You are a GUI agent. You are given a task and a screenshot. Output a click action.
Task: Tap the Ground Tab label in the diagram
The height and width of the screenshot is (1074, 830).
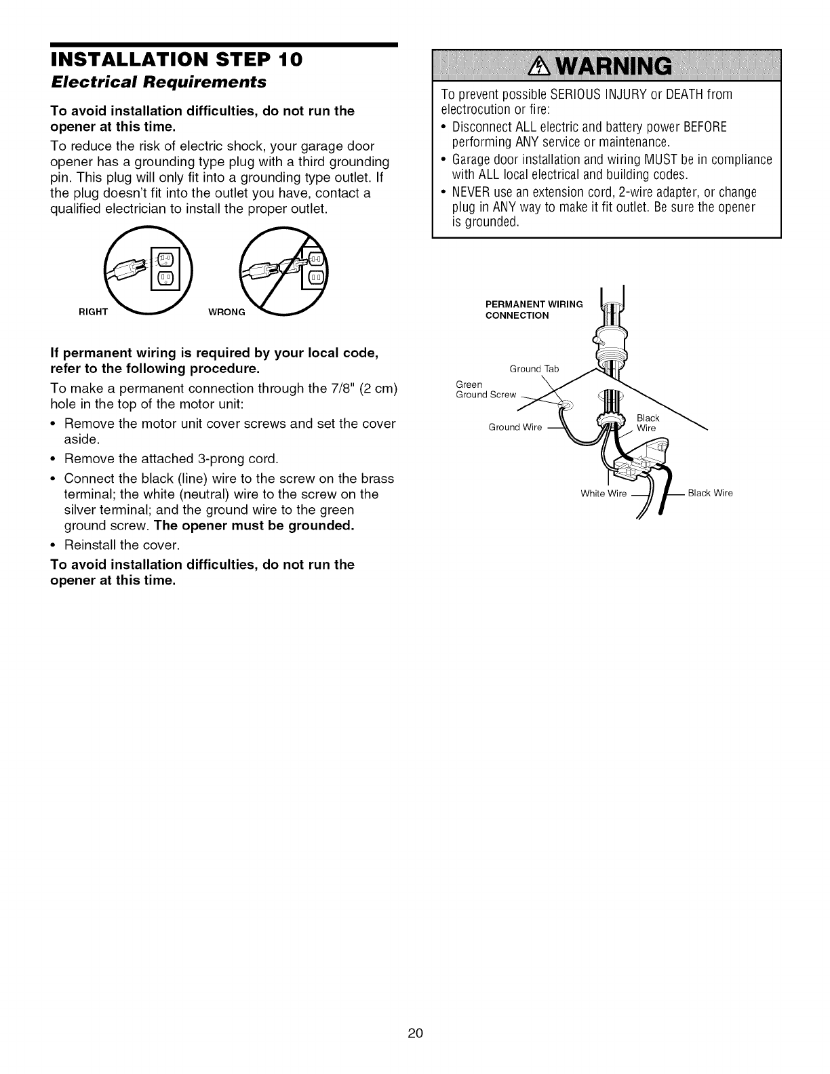534,369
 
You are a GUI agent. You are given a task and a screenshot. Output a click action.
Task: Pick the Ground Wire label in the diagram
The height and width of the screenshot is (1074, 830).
515,427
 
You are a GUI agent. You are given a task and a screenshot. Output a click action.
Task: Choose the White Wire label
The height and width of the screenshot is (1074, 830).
604,493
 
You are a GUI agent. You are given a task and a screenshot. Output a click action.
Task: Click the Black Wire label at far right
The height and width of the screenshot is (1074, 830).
710,493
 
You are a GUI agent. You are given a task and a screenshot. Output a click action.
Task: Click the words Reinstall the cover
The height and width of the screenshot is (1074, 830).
121,545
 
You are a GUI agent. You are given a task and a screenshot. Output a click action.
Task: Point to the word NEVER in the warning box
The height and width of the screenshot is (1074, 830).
470,192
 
